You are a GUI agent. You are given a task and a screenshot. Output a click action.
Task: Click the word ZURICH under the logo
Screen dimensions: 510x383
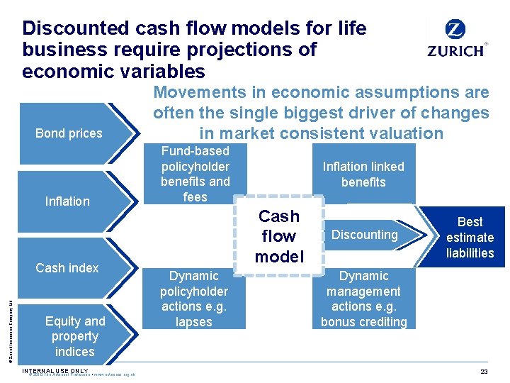[456, 51]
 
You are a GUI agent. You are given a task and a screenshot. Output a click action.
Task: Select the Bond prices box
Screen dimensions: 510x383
[69, 133]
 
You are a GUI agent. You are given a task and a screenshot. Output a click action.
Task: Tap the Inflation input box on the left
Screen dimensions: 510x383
[67, 201]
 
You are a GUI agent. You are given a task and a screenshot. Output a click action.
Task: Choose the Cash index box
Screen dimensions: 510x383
[67, 268]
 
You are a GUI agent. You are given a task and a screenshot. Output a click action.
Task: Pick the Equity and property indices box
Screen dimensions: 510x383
[74, 336]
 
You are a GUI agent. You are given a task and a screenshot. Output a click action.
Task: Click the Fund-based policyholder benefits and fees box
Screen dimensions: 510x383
[195, 174]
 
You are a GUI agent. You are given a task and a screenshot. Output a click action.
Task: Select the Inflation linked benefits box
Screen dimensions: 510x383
[363, 174]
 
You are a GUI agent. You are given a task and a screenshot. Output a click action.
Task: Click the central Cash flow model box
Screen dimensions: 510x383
[279, 236]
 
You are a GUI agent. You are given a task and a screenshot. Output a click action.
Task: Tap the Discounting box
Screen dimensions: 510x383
[365, 235]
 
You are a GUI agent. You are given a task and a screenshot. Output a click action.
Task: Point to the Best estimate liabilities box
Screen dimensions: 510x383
[470, 238]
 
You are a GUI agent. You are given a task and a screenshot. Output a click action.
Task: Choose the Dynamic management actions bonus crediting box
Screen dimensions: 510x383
[363, 299]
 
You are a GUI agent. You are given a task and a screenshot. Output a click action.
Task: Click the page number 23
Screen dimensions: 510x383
[484, 372]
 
